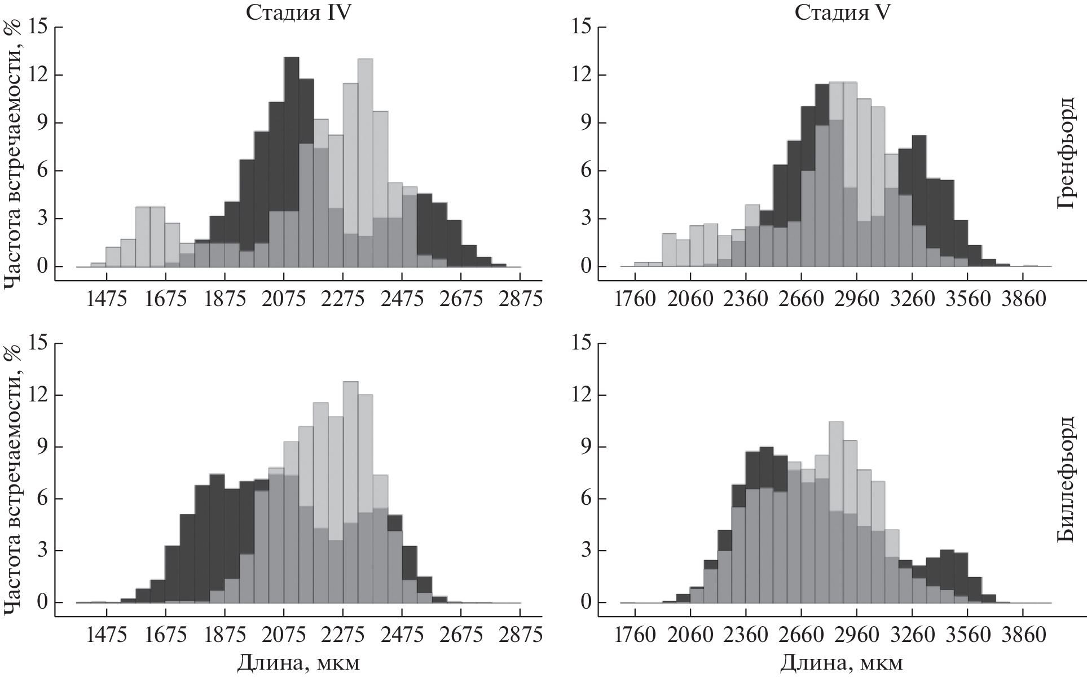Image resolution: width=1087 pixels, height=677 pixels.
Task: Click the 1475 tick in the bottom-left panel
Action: click(107, 635)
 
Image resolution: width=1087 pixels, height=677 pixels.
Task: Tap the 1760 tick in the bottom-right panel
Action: click(635, 635)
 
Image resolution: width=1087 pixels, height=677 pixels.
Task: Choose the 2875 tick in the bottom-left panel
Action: click(520, 635)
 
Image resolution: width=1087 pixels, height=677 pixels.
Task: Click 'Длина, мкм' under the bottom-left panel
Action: click(297, 663)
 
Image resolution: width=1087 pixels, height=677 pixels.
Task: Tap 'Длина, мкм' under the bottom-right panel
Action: click(842, 663)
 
